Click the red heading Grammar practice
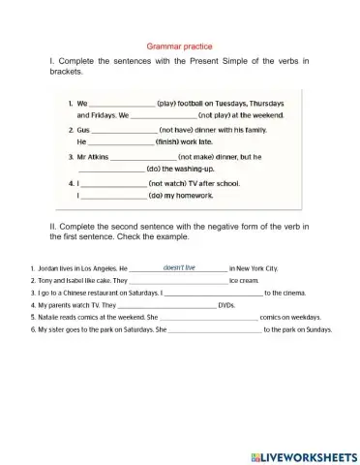coord(179,46)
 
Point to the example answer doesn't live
coord(179,266)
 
